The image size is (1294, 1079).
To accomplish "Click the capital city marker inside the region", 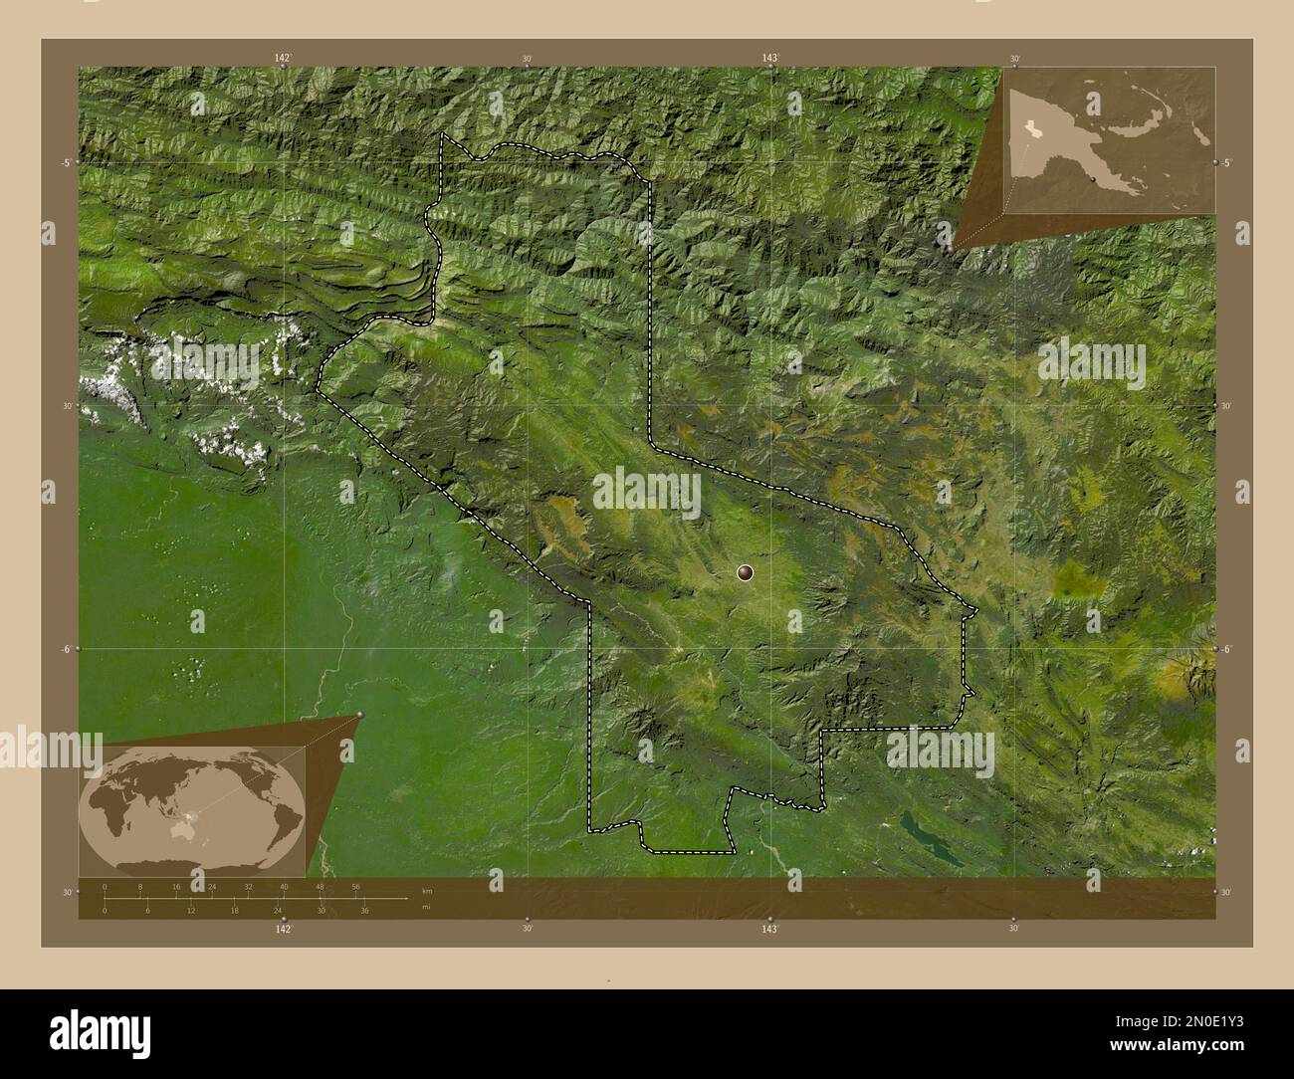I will (x=746, y=571).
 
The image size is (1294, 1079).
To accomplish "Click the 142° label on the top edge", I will (x=284, y=59).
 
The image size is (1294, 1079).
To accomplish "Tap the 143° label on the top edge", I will (x=770, y=59).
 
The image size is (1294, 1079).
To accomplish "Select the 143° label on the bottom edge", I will (x=769, y=929).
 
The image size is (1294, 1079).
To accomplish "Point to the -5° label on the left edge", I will (x=65, y=162).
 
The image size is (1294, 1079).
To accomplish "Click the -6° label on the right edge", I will (x=1228, y=649).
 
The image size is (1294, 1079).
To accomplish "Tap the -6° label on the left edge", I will (x=65, y=649).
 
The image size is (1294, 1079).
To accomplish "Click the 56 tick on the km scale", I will (x=355, y=886).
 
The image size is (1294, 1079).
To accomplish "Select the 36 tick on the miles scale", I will (x=365, y=910).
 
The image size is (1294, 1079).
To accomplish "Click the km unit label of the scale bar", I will (x=427, y=890).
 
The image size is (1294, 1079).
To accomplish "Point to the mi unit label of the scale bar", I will (x=426, y=906).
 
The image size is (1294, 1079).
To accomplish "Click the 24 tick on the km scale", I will (x=212, y=886).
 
